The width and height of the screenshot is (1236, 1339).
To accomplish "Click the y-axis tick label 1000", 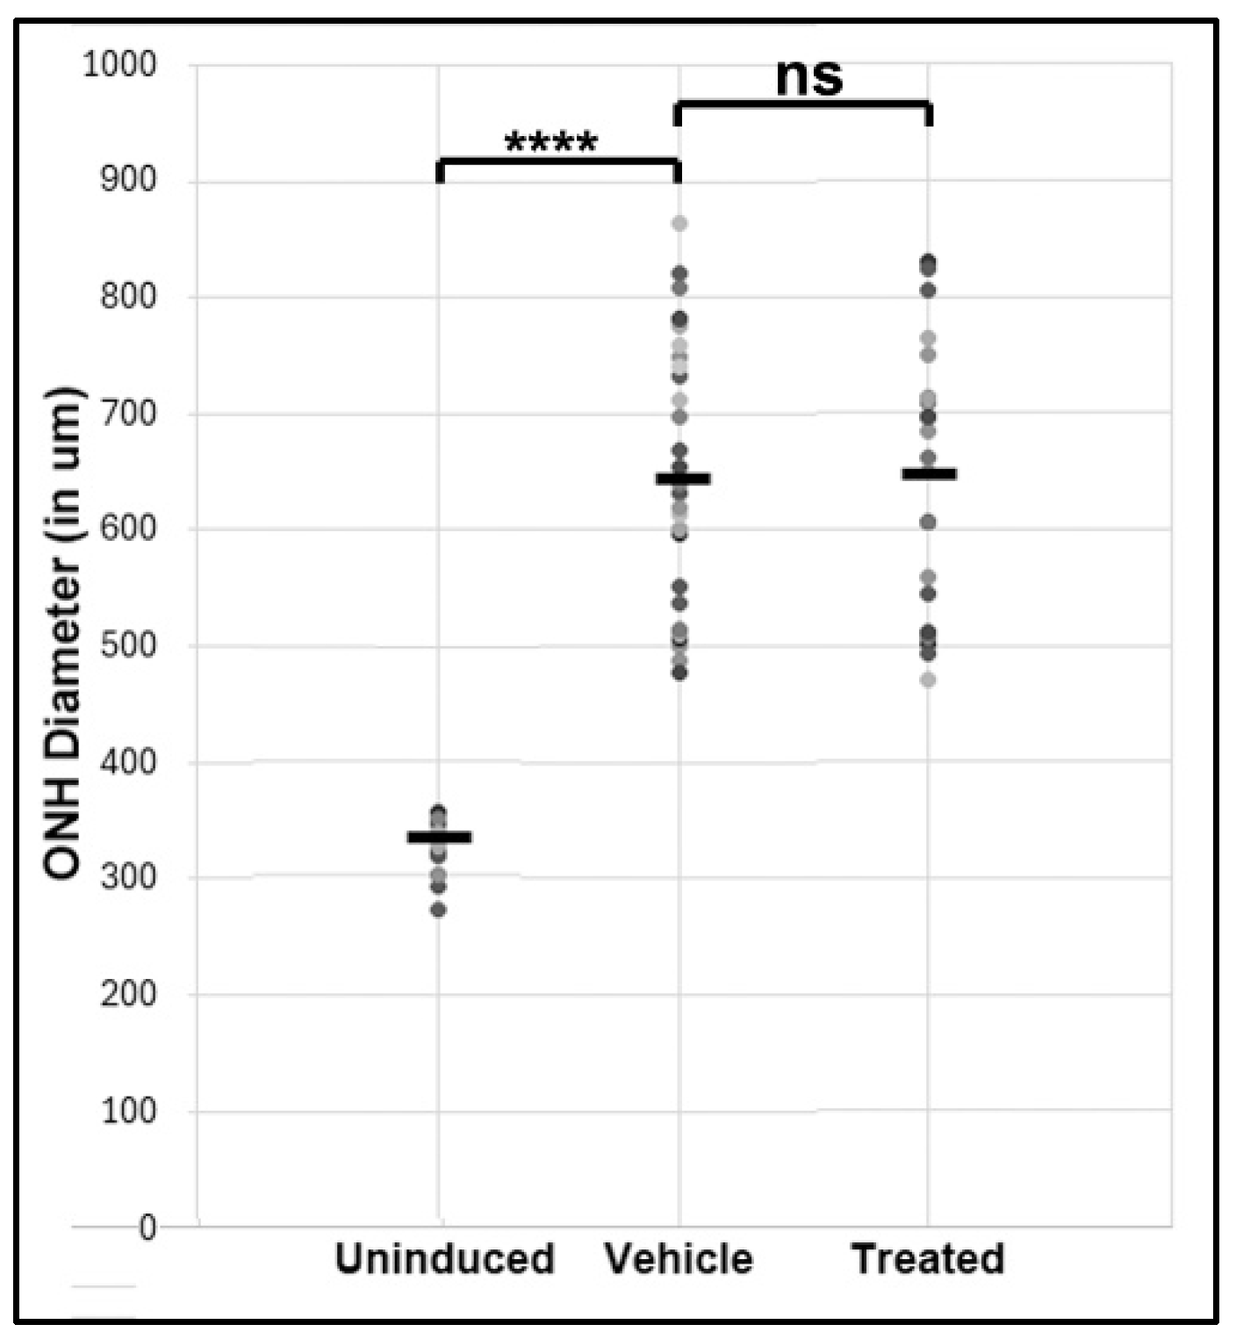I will pyautogui.click(x=119, y=64).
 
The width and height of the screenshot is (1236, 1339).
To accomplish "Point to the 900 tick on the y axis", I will pyautogui.click(x=127, y=180).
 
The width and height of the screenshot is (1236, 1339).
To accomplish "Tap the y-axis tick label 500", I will pyautogui.click(x=127, y=645).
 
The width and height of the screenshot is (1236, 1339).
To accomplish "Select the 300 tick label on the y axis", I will pyautogui.click(x=127, y=877).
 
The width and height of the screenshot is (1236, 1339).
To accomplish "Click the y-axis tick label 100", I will pyautogui.click(x=127, y=1111).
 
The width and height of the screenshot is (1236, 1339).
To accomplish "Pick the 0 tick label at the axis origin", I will pyautogui.click(x=147, y=1227).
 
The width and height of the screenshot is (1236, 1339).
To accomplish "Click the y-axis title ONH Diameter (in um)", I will pyautogui.click(x=63, y=632).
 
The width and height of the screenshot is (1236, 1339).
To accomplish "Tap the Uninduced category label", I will pyautogui.click(x=444, y=1258).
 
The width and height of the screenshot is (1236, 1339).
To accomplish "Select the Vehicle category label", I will pyautogui.click(x=679, y=1258).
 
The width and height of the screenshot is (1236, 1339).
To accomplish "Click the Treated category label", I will pyautogui.click(x=928, y=1258).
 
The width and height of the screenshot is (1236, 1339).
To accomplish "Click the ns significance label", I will pyautogui.click(x=808, y=77).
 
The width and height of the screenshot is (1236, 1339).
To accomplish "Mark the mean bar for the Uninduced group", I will pyautogui.click(x=439, y=837).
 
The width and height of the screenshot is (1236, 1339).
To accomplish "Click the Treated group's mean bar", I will pyautogui.click(x=929, y=474).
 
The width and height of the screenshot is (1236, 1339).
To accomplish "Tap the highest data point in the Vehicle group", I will pyautogui.click(x=679, y=224).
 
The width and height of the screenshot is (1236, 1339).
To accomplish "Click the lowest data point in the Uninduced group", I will pyautogui.click(x=439, y=910).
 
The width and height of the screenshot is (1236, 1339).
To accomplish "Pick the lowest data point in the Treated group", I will pyautogui.click(x=928, y=680).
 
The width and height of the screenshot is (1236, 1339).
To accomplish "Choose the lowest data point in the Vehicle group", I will pyautogui.click(x=679, y=673).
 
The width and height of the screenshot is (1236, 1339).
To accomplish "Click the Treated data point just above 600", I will pyautogui.click(x=928, y=522).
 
